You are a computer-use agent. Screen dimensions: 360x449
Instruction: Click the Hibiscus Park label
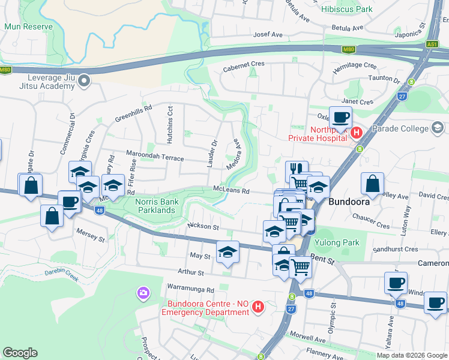(346, 9)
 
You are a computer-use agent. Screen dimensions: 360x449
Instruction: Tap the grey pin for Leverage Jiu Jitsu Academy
(85, 80)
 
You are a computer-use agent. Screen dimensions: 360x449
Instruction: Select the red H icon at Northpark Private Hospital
(357, 132)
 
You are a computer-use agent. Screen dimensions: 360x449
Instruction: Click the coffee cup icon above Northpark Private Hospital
(340, 118)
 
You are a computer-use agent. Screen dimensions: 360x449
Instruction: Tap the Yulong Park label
(339, 243)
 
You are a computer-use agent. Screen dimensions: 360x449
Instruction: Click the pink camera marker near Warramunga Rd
(143, 293)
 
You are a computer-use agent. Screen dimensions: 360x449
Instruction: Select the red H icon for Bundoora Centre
(258, 307)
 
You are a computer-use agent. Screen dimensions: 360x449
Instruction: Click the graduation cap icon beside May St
(228, 252)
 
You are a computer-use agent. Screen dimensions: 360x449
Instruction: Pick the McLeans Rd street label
(231, 190)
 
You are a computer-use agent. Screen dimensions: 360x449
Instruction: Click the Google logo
(20, 352)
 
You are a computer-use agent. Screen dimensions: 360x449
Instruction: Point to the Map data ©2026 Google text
(411, 355)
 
